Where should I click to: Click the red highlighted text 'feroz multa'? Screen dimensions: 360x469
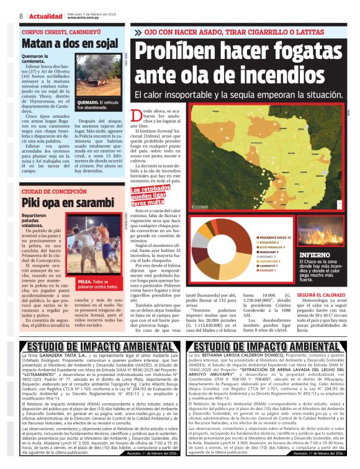tap(155, 202)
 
